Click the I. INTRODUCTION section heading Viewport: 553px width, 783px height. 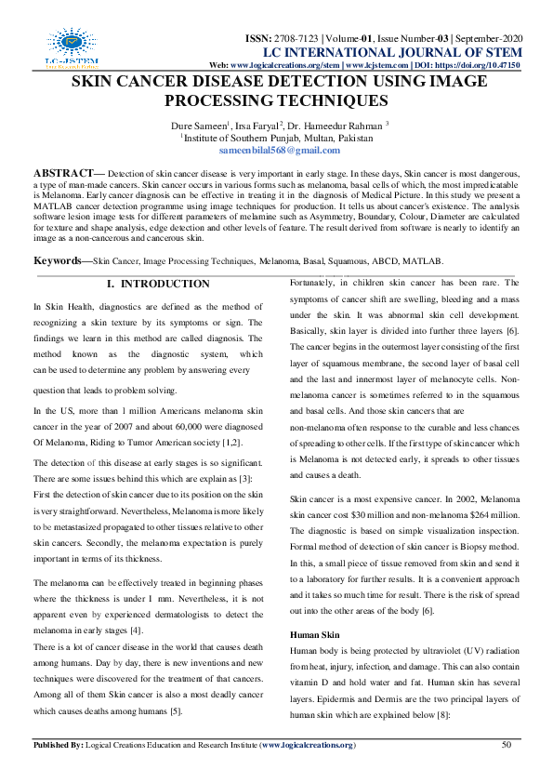coord(158,284)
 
